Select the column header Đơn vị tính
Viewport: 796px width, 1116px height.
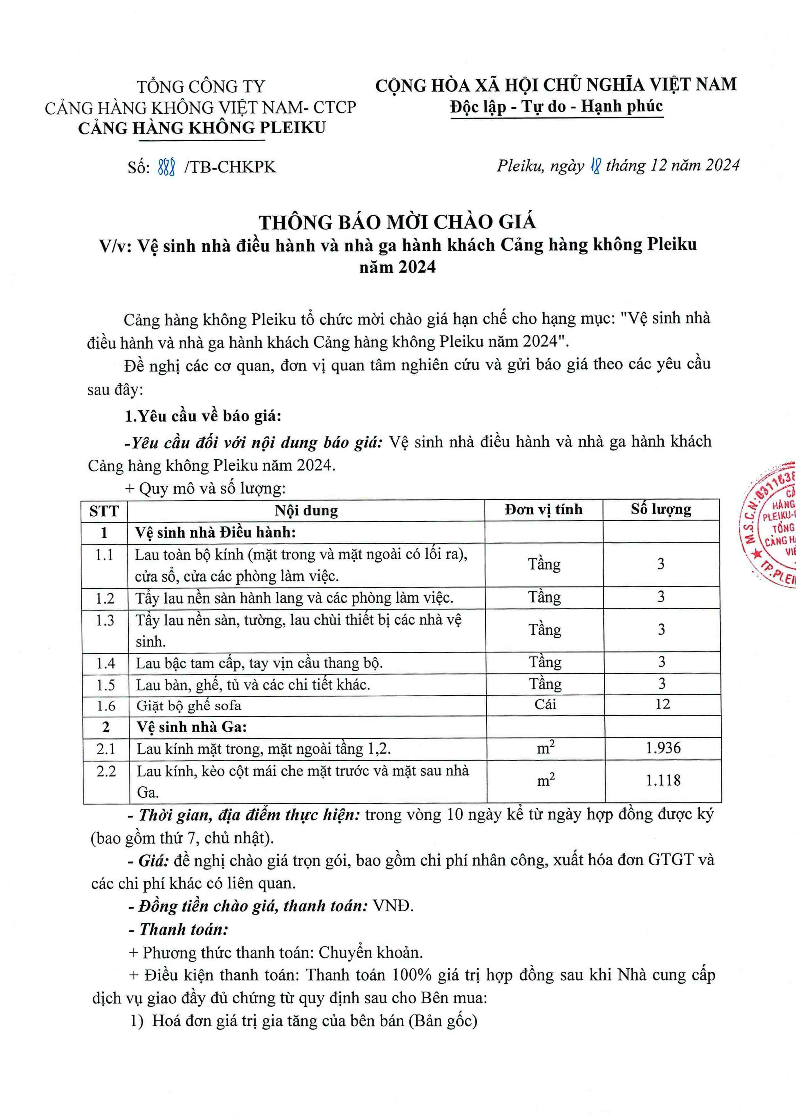click(x=544, y=509)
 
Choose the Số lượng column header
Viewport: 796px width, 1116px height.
click(x=661, y=509)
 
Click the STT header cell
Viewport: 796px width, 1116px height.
click(x=104, y=511)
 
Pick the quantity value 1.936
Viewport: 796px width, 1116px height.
click(x=663, y=748)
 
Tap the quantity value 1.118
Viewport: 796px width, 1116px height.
click(x=663, y=780)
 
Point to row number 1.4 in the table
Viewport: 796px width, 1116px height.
click(x=105, y=663)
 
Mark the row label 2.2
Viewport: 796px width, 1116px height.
click(x=106, y=771)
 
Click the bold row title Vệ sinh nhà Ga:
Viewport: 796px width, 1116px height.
click(x=191, y=727)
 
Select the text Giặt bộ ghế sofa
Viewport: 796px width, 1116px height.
click(x=189, y=705)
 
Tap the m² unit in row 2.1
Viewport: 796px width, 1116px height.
click(x=545, y=748)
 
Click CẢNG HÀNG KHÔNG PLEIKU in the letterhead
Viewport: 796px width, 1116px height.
click(x=201, y=128)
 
